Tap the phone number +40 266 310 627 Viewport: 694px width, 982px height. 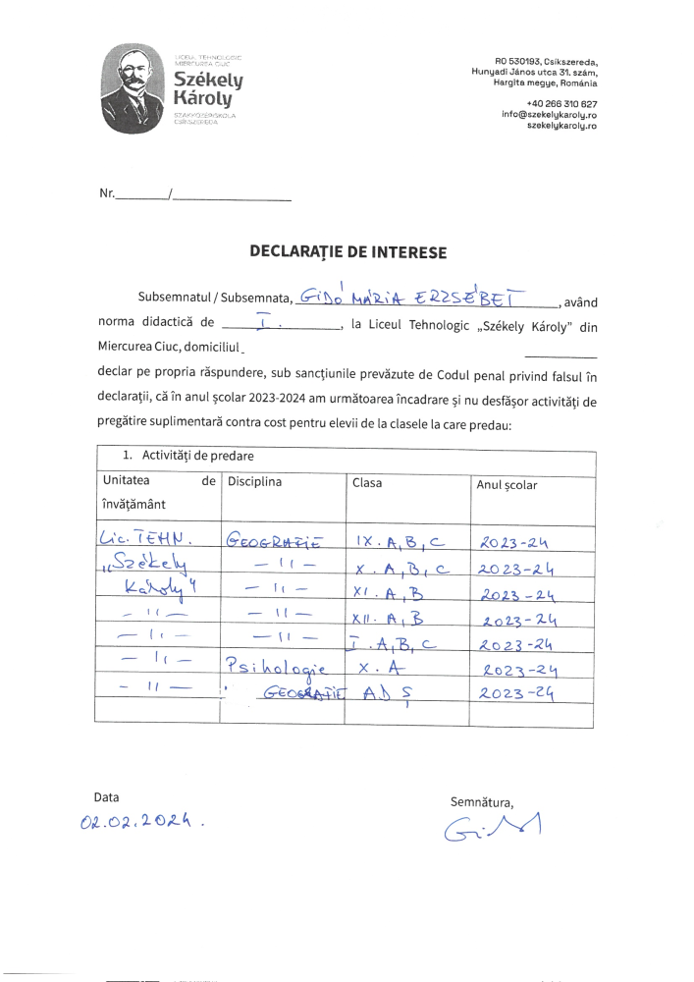tap(561, 104)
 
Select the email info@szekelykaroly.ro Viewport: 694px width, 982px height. tap(549, 115)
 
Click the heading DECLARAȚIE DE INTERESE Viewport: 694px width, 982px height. tap(347, 252)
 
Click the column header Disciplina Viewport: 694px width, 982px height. tap(254, 482)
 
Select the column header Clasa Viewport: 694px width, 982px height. tap(367, 483)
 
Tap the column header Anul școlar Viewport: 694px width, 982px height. tap(507, 484)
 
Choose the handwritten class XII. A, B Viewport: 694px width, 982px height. tap(390, 617)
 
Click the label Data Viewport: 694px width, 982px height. tap(106, 796)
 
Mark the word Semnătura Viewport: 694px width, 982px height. tap(481, 801)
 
